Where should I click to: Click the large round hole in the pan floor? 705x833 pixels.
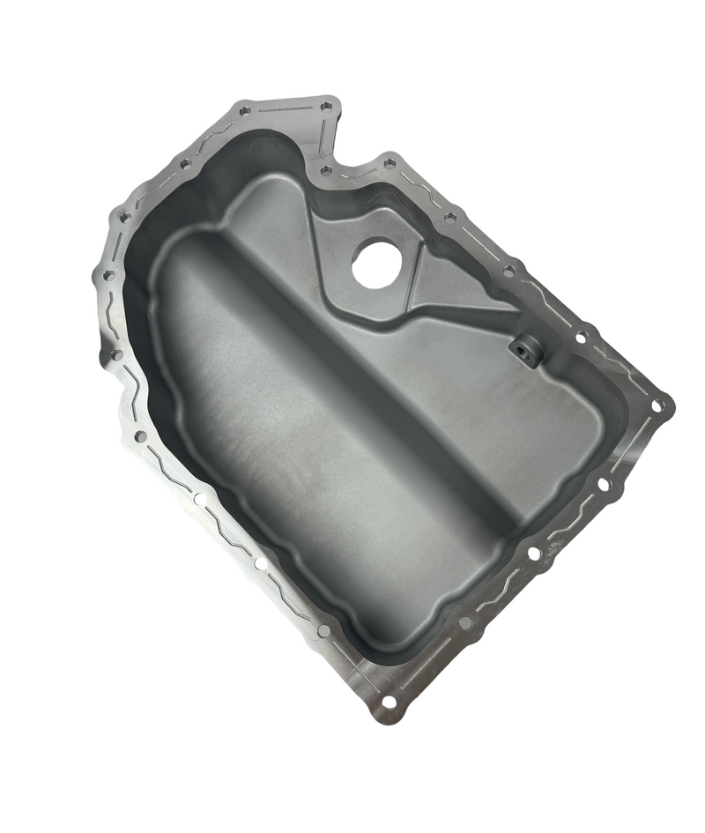point(376,263)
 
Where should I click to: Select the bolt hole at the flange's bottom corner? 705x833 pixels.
point(389,703)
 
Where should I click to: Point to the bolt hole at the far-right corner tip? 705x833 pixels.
point(657,405)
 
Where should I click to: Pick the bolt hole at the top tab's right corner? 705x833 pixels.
point(327,107)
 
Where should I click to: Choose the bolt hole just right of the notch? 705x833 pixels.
point(389,163)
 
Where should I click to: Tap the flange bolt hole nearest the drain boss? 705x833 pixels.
point(582,336)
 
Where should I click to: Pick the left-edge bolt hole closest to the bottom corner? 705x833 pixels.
point(323,630)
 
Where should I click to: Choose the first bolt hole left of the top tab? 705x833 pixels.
point(186,164)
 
